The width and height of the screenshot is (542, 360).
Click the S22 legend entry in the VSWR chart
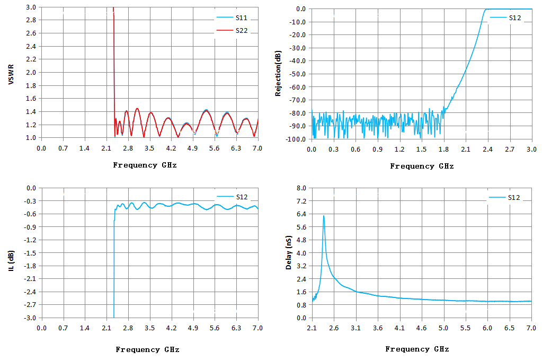pos(232,30)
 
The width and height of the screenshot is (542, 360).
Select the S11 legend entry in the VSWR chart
pos(232,17)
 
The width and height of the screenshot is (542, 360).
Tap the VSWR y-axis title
pos(11,74)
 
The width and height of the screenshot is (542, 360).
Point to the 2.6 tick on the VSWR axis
pos(31,33)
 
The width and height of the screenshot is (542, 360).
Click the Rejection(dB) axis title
pos(278,73)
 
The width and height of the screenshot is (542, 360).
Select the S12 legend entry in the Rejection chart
pos(505,18)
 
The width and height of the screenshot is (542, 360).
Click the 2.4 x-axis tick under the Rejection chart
pos(488,150)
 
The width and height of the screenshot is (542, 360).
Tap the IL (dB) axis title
pos(12,261)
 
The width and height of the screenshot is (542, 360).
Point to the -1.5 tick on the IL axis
pos(30,253)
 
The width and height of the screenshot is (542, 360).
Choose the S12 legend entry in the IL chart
pos(232,197)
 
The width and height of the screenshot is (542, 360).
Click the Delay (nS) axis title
pos(289,253)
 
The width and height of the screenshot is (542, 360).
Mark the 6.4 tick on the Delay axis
pos(301,214)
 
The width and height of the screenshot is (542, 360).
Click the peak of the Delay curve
pos(324,216)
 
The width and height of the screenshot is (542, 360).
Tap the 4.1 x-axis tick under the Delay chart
pos(399,328)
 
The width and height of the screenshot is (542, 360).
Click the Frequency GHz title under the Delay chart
pos(417,349)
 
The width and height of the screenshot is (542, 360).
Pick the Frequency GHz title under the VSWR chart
pos(145,165)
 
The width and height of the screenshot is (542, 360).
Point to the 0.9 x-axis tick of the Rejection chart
pos(378,150)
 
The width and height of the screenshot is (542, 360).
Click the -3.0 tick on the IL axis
pos(30,318)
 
